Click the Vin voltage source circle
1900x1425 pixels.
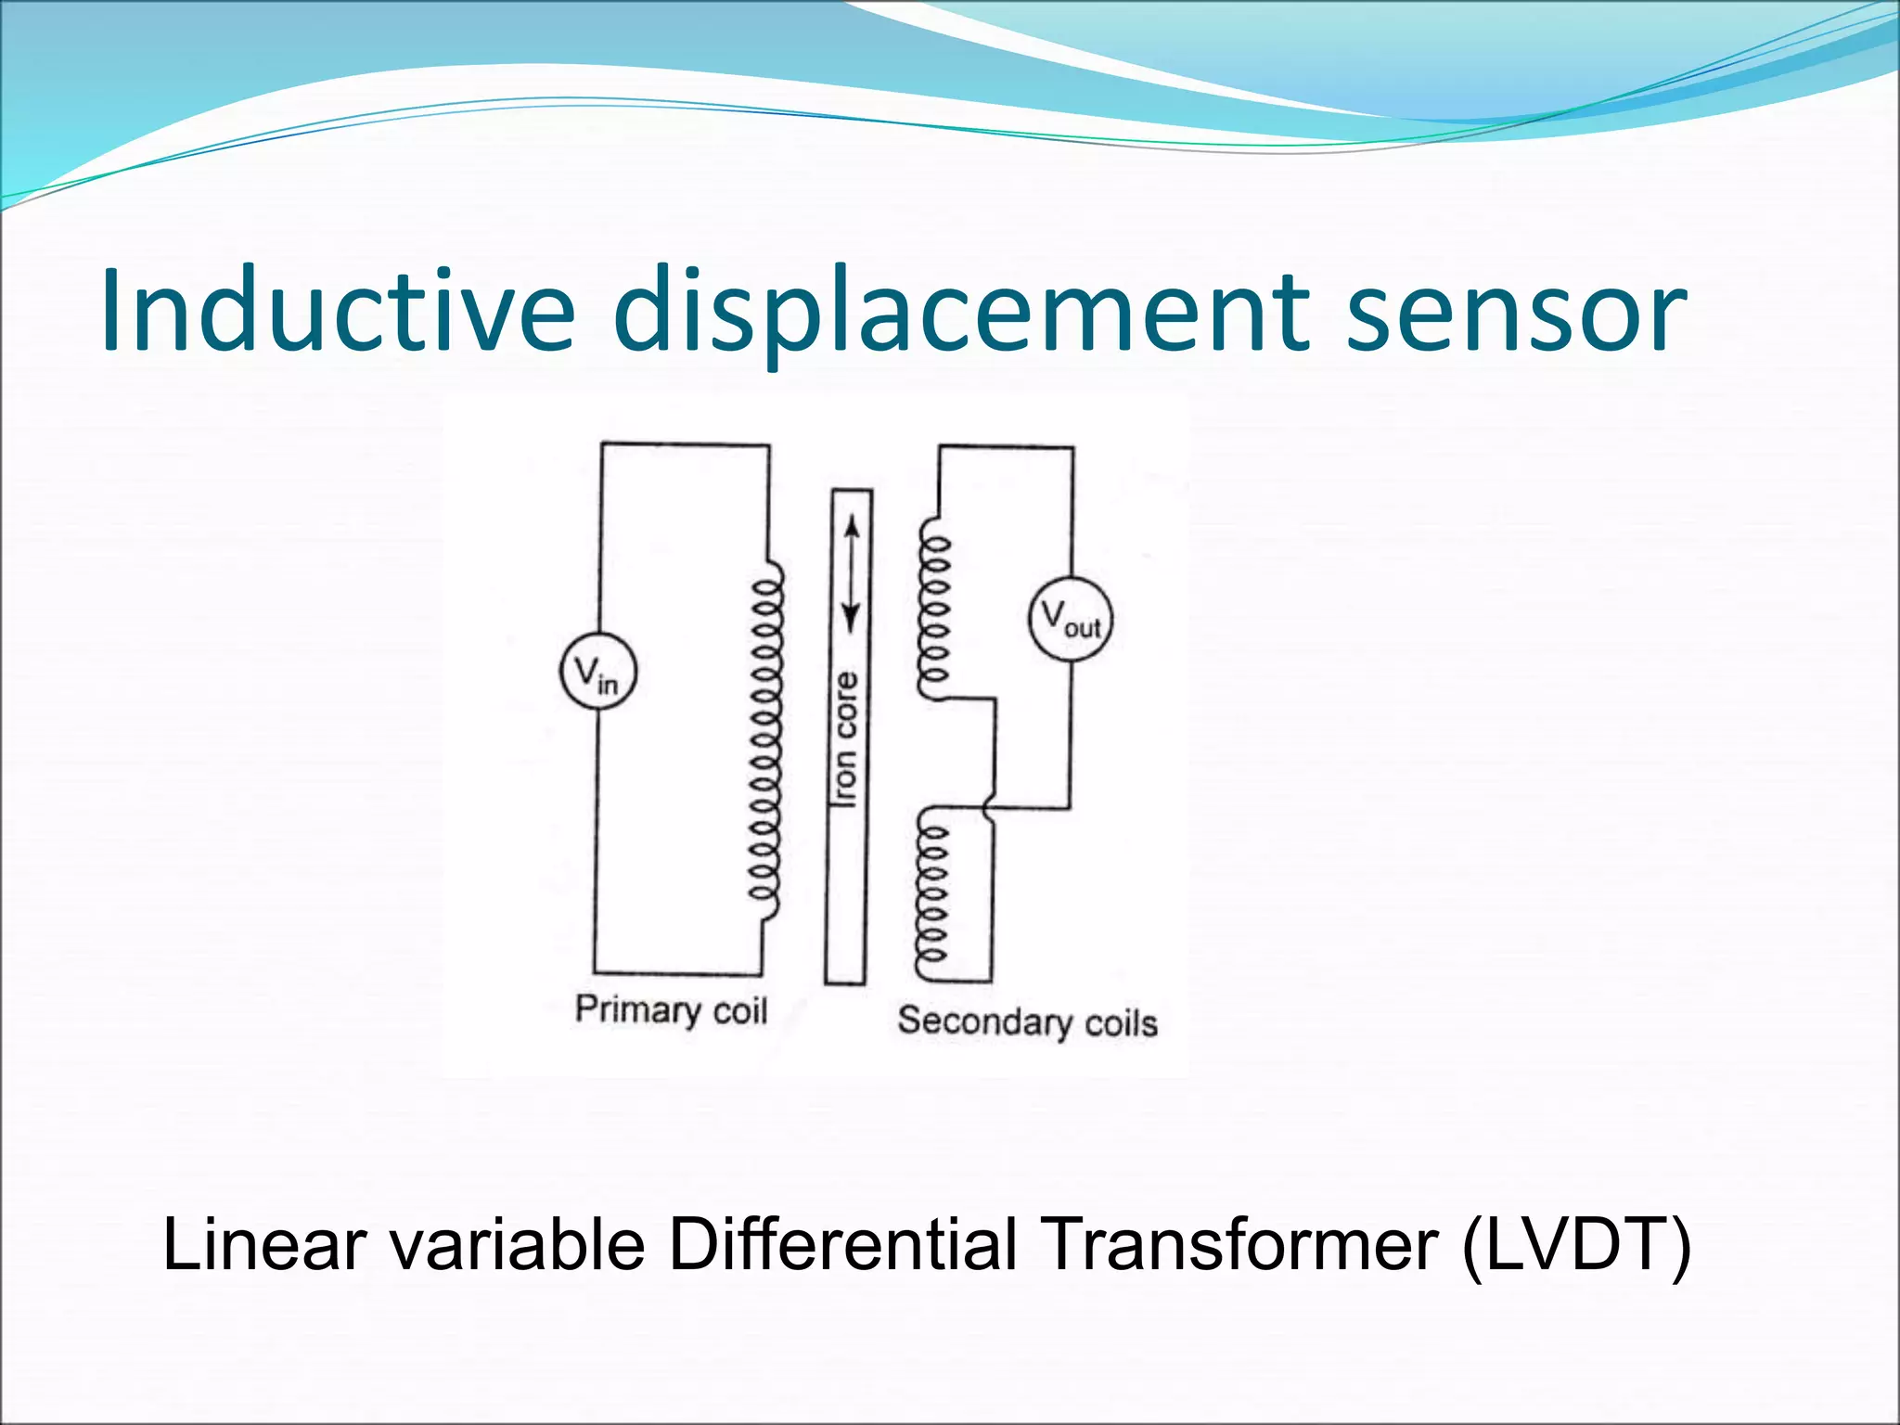click(x=598, y=672)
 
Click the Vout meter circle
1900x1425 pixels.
click(x=1071, y=619)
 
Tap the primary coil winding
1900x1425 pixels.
click(x=766, y=742)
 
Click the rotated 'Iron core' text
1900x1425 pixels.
click(x=846, y=739)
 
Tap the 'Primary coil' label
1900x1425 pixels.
click(x=671, y=1009)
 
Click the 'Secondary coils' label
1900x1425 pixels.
click(x=1027, y=1021)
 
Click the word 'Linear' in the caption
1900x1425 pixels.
click(x=264, y=1245)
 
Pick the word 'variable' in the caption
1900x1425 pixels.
click(x=517, y=1245)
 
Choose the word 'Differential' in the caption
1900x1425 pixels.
click(x=842, y=1245)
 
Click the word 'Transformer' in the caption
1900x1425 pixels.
click(x=1240, y=1245)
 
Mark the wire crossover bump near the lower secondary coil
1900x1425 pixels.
click(x=990, y=802)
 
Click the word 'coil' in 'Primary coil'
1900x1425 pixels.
click(x=739, y=1010)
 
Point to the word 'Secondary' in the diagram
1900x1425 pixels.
click(x=983, y=1021)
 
